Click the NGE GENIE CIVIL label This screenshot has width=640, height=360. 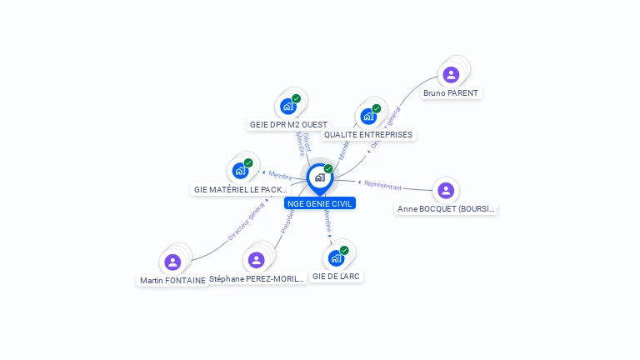tap(320, 202)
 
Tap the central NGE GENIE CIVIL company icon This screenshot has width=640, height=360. tap(319, 177)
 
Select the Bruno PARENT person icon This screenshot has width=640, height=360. tap(451, 75)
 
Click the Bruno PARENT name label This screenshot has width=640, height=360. tap(451, 93)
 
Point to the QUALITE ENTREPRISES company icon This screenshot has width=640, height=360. tap(368, 116)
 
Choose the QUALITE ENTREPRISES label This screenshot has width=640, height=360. tap(368, 134)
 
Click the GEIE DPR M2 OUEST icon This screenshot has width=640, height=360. tap(288, 106)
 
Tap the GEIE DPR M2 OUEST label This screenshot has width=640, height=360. tap(288, 124)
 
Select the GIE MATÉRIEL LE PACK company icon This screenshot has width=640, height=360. tap(241, 171)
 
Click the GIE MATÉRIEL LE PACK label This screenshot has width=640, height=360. tap(241, 189)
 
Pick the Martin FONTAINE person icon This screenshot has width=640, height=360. tap(172, 262)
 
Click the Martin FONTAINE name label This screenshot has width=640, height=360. tap(172, 281)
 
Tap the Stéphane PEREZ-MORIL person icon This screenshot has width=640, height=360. tap(257, 260)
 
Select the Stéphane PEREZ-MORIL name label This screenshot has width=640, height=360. tap(257, 278)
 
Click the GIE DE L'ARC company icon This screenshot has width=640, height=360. tap(337, 257)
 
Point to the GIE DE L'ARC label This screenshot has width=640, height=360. tap(337, 276)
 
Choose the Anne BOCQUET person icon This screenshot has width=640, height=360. tap(446, 190)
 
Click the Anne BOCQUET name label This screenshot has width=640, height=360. tap(447, 208)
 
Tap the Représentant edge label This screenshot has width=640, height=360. tap(382, 186)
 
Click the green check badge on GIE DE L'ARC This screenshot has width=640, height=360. tap(344, 250)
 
